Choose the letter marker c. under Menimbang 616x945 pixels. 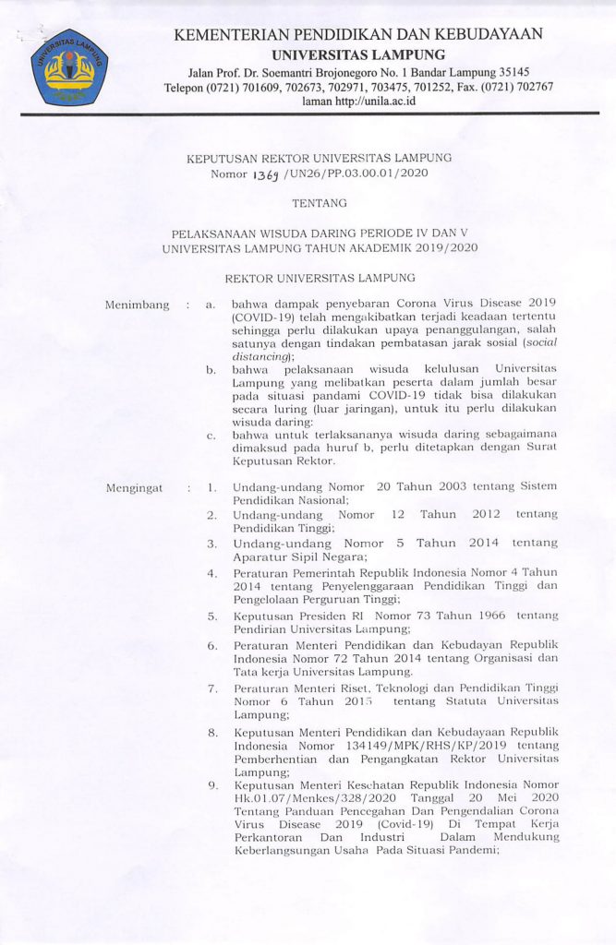coord(211,435)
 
